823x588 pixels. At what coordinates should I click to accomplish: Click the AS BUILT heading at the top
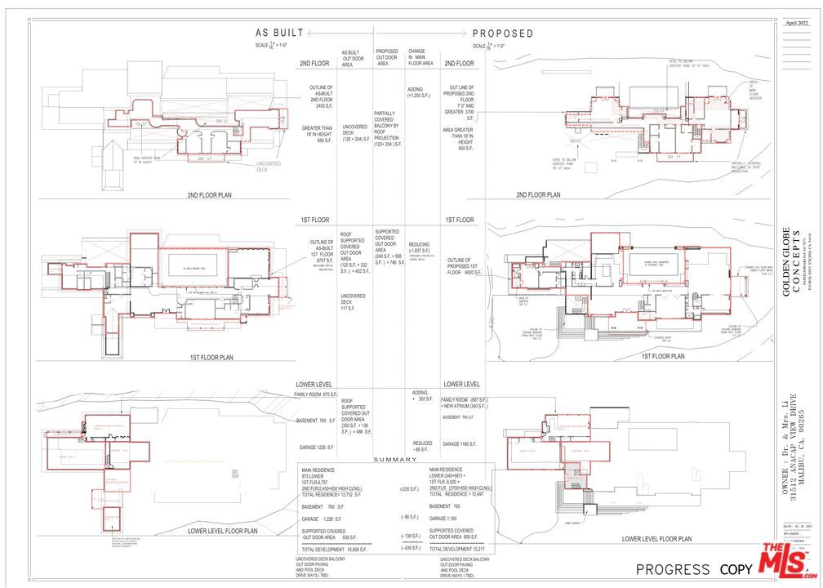(x=279, y=33)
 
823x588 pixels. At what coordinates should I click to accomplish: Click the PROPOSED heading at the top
(x=503, y=33)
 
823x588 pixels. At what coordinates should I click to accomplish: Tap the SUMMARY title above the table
(x=396, y=460)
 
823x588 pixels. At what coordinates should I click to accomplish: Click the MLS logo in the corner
(x=788, y=561)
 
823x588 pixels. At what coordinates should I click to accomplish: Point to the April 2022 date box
(x=797, y=23)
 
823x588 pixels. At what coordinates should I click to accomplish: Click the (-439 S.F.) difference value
(x=411, y=548)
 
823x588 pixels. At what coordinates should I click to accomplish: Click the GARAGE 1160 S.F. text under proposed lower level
(x=461, y=444)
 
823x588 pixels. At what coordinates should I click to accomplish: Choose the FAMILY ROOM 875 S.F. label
(x=316, y=395)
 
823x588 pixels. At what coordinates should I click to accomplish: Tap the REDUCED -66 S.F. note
(x=422, y=447)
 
